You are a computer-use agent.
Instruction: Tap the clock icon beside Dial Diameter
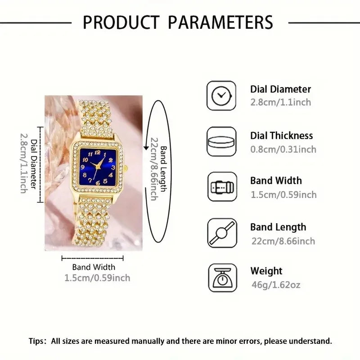coord(221,95)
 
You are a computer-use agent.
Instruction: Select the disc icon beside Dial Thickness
coord(221,141)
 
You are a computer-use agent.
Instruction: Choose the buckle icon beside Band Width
coord(221,187)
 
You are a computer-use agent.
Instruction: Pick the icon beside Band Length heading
coord(221,233)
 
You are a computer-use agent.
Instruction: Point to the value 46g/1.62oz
coord(275,285)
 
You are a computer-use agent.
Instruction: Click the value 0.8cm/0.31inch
coord(283,149)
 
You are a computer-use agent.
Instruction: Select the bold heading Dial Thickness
coord(281,135)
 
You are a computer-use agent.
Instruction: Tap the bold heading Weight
coord(266,271)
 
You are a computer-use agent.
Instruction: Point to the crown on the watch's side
coord(126,167)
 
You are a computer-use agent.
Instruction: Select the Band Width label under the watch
coord(94,267)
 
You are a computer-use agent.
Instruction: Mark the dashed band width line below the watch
coord(92,258)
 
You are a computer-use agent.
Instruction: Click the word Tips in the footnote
coord(38,341)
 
